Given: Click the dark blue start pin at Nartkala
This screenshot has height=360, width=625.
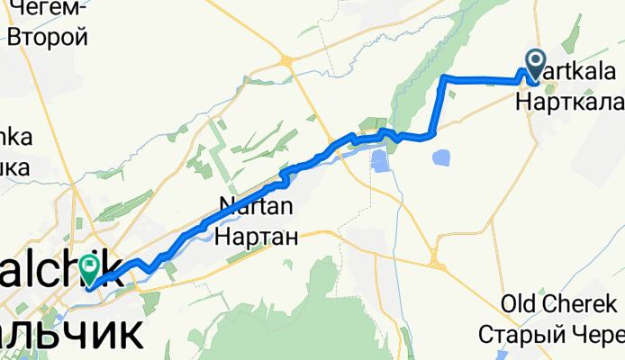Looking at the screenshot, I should [536, 64].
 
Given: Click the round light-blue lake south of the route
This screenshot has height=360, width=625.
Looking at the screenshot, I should [443, 158].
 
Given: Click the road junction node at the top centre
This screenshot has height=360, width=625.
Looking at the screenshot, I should [285, 60].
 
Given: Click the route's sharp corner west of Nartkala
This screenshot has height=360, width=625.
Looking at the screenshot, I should [445, 78].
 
